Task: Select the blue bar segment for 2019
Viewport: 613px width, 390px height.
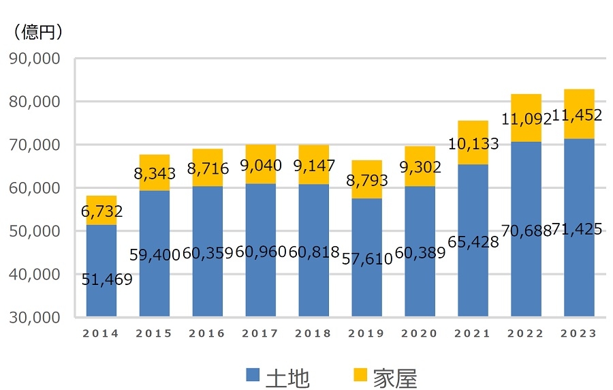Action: pos(366,286)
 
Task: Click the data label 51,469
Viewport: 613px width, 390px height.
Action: pos(107,280)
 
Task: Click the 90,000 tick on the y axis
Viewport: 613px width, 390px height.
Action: pos(35,59)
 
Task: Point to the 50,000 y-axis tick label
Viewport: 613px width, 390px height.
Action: pos(35,231)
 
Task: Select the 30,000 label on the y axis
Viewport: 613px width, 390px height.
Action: pos(35,317)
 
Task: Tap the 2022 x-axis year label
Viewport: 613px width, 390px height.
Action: pos(525,334)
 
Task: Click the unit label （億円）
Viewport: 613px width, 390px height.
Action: pos(38,31)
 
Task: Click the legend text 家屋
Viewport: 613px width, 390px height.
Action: pos(394,376)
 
